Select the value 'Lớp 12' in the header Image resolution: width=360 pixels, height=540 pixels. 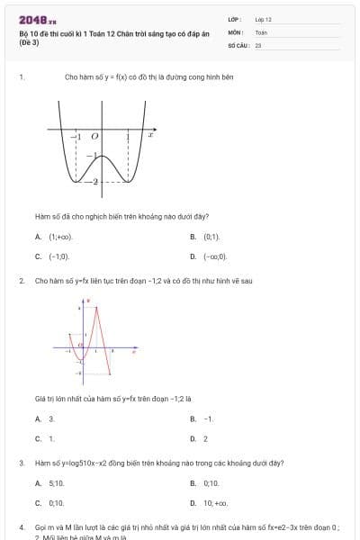pos(263,19)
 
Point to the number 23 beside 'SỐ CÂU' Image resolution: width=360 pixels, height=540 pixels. pos(258,43)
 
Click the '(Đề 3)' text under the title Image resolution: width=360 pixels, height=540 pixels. pos(29,42)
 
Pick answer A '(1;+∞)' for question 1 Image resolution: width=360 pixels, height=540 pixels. pos(60,237)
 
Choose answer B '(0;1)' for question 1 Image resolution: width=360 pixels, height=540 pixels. pos(211,237)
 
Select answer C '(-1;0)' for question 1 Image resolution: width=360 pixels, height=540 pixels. pos(58,256)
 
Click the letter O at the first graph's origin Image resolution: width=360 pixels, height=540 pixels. pos(94,135)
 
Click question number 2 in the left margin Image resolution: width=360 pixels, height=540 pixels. pos(21,281)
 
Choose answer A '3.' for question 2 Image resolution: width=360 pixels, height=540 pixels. pos(51,418)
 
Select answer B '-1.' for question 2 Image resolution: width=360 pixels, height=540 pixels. pos(209,418)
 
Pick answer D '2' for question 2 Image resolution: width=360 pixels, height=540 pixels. pos(205,438)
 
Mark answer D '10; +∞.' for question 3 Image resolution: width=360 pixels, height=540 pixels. pos(215,503)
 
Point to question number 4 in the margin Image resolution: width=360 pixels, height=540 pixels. pos(21,526)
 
